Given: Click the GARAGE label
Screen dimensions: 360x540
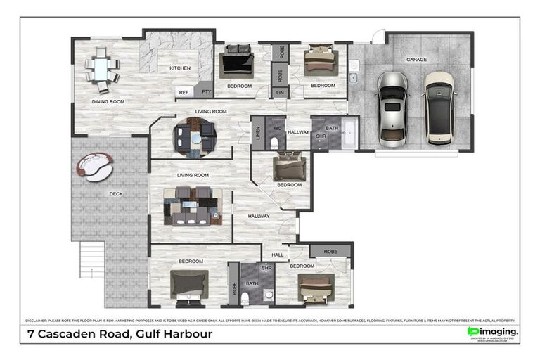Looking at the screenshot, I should pyautogui.click(x=416, y=60).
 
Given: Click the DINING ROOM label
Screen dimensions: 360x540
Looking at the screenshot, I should pyautogui.click(x=108, y=102).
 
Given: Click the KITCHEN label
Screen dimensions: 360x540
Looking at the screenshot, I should pyautogui.click(x=180, y=68).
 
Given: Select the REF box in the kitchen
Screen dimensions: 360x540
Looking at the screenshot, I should pyautogui.click(x=184, y=92).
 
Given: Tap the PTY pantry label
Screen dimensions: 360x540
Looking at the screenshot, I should pyautogui.click(x=206, y=92).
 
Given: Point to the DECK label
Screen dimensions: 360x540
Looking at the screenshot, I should pyautogui.click(x=116, y=194).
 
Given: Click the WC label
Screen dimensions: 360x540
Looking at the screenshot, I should pyautogui.click(x=277, y=128).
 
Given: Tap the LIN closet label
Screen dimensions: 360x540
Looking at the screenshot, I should pyautogui.click(x=280, y=92).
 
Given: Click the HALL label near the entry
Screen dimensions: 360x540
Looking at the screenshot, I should pyautogui.click(x=277, y=255).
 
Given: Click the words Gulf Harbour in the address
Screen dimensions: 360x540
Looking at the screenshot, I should pyautogui.click(x=172, y=333).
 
